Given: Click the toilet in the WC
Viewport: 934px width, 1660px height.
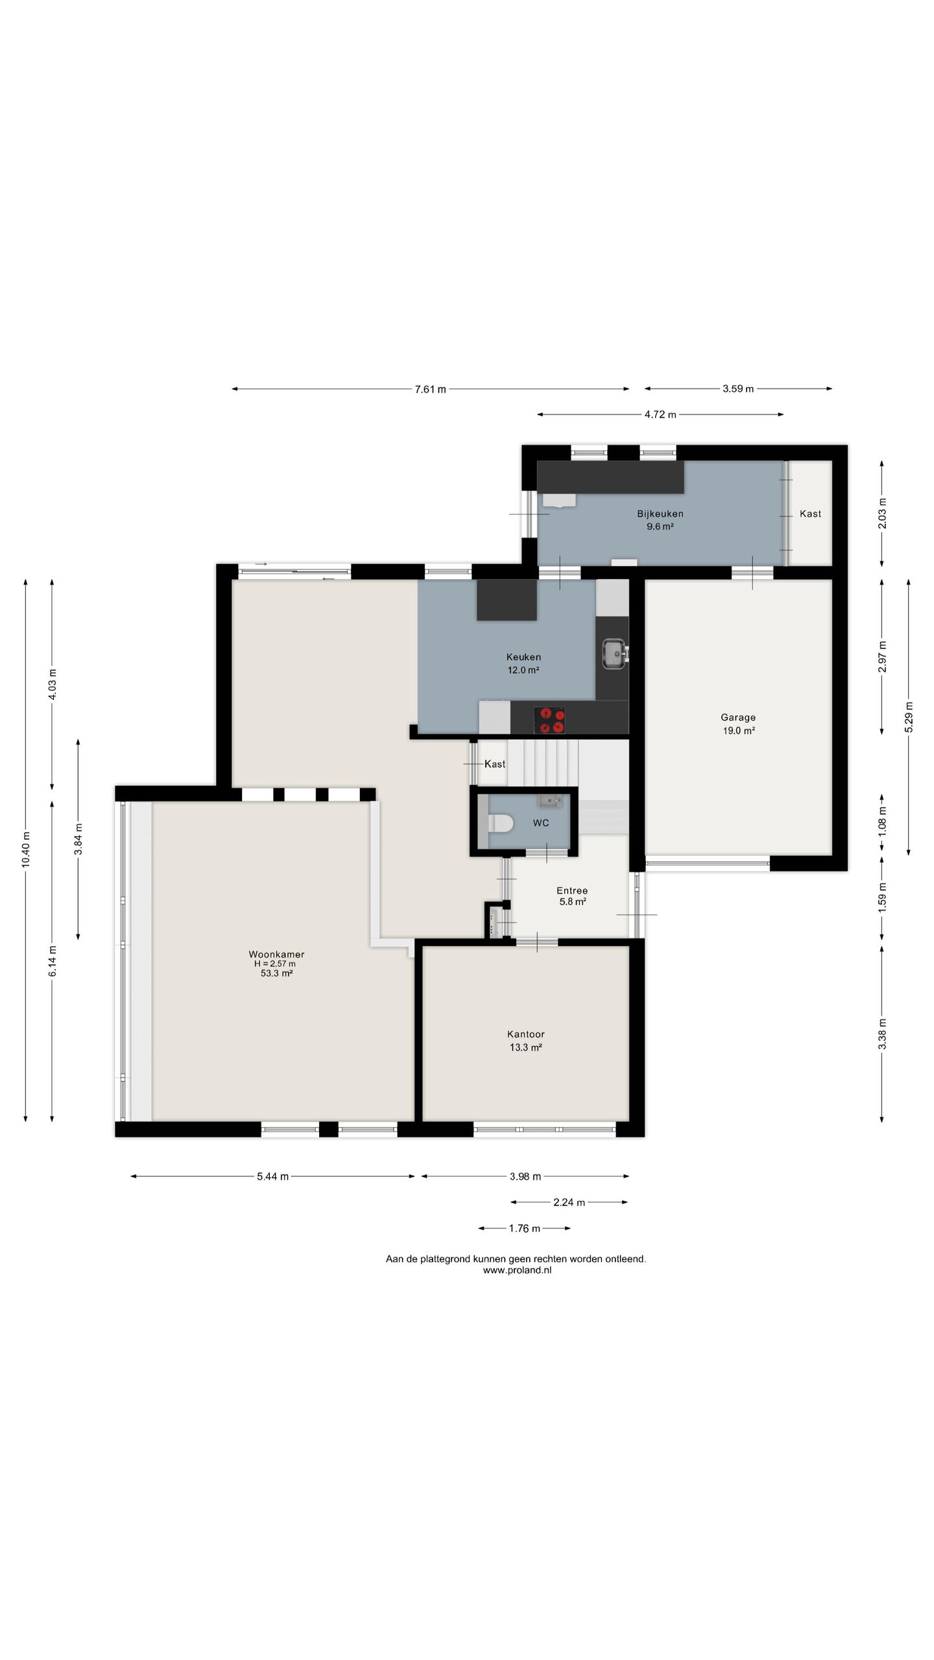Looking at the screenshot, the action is pyautogui.click(x=500, y=824).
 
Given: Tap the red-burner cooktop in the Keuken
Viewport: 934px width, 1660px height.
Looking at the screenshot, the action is pyautogui.click(x=549, y=720).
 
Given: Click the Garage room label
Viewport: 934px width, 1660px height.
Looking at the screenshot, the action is pyautogui.click(x=738, y=717).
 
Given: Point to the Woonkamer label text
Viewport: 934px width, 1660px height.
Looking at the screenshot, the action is pyautogui.click(x=276, y=954).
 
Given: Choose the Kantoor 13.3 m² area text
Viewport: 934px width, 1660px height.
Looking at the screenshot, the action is pyautogui.click(x=526, y=1047).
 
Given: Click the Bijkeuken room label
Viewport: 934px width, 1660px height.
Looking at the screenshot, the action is pyautogui.click(x=660, y=514).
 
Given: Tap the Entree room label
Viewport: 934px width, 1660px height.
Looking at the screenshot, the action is pyautogui.click(x=572, y=890).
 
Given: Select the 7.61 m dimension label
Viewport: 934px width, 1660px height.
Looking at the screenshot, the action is pyautogui.click(x=431, y=389).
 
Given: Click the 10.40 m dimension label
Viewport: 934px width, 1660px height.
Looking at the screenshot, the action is pyautogui.click(x=26, y=849).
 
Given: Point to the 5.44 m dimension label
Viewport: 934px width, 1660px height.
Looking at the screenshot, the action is pyautogui.click(x=273, y=1176).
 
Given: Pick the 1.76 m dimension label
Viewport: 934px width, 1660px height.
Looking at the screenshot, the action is pyautogui.click(x=525, y=1228).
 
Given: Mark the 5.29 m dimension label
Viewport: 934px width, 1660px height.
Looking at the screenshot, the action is pyautogui.click(x=909, y=717).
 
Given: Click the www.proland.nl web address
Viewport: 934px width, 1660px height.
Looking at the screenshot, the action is pyautogui.click(x=517, y=1270).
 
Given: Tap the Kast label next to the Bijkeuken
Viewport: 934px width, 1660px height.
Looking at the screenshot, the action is pyautogui.click(x=811, y=514).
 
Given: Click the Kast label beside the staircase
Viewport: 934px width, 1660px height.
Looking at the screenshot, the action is pyautogui.click(x=495, y=764).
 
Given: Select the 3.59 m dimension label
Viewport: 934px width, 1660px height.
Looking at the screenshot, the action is pyautogui.click(x=739, y=389).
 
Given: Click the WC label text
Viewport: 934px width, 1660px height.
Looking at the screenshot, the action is pyautogui.click(x=541, y=823).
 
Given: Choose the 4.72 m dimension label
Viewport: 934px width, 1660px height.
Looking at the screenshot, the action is pyautogui.click(x=660, y=415).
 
